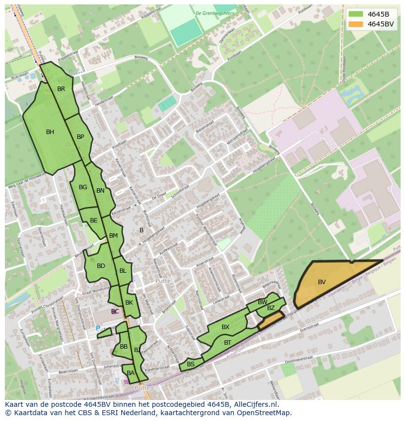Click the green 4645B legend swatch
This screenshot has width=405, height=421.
356,14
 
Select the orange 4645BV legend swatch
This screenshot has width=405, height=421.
356,24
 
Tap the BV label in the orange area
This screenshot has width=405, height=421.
322,282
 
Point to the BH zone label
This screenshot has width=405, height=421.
50,132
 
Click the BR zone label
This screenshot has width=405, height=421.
61,89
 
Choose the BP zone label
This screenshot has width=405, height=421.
81,137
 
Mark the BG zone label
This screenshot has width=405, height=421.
83,187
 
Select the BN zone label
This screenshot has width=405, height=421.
100,191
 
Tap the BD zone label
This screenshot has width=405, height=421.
101,266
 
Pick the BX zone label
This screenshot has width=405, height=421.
225,327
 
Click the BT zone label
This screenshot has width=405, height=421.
227,343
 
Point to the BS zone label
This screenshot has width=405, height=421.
191,364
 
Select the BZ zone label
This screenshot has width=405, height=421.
271,308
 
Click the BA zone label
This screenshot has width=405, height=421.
131,373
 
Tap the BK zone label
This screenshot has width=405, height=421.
129,303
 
